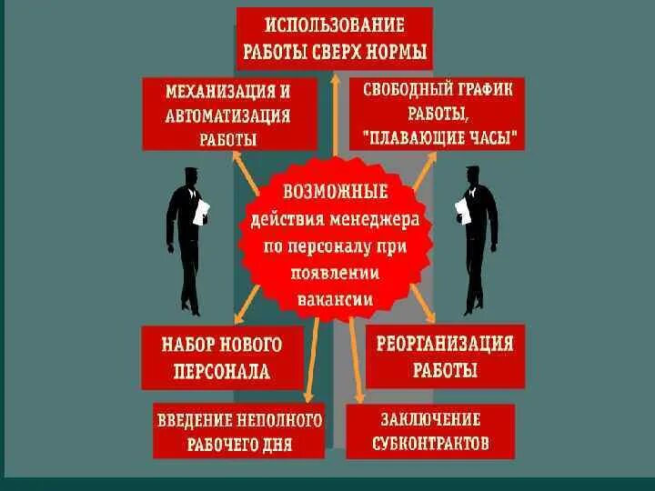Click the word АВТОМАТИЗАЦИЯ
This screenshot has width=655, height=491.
228,116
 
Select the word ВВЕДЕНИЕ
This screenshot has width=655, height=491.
195,421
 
